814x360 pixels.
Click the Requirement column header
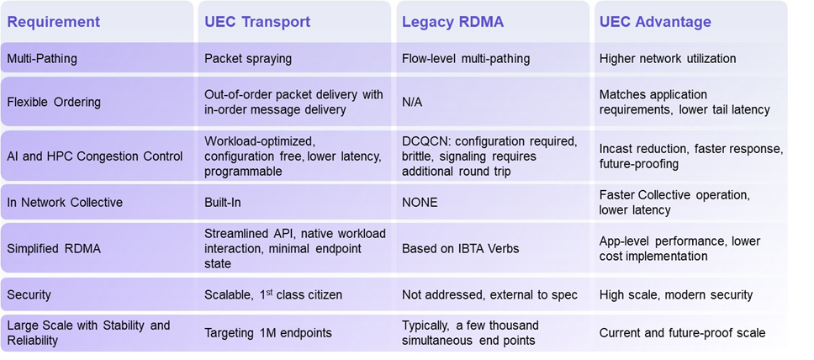pos(54,22)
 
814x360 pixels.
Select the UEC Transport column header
pos(258,22)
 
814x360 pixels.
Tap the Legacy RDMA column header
pos(452,22)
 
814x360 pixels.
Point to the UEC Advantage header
pos(655,22)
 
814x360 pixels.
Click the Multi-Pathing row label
pos(42,59)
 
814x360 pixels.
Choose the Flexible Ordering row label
pos(54,102)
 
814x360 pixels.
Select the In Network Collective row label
pos(65,202)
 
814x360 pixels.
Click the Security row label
pos(29,294)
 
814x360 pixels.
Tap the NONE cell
pos(420,202)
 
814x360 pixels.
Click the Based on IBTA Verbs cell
pos(459,249)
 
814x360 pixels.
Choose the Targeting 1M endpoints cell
pos(268,332)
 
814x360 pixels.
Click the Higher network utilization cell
pos(667,59)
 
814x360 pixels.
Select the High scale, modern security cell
pos(675,294)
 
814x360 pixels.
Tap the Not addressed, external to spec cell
pos(489,294)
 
